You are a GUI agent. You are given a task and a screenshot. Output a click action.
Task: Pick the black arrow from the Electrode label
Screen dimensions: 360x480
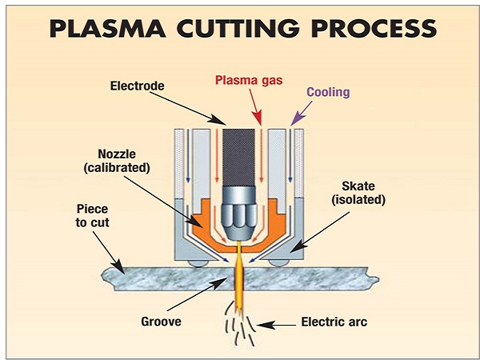(184, 104)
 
